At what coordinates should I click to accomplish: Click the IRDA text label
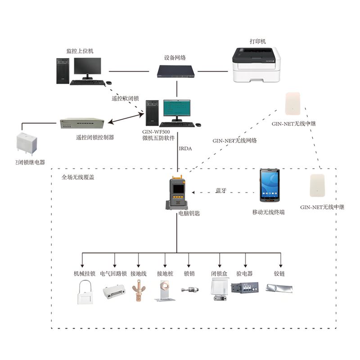pos(186,148)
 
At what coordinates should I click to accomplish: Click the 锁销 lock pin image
pos(189,290)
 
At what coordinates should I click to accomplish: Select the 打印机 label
pos(258,41)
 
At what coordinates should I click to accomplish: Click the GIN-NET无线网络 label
pos(234,140)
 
